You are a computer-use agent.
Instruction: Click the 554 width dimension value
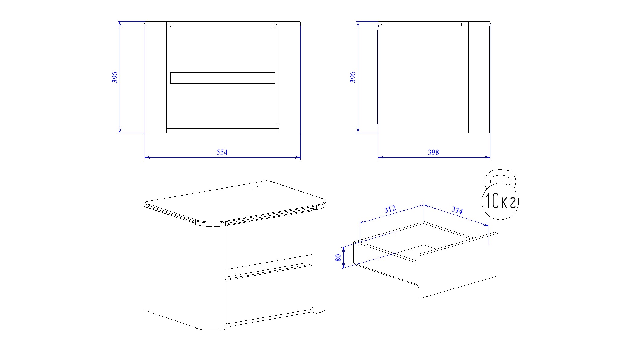coord(222,152)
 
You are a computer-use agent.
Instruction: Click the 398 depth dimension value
coord(433,152)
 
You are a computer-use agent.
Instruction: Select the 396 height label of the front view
coord(115,77)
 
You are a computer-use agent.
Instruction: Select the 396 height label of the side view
coord(352,77)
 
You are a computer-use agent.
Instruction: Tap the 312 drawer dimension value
coord(390,209)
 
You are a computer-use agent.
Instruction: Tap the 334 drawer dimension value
coord(457,210)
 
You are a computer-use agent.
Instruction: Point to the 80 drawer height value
coord(338,257)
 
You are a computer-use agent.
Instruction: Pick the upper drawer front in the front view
coord(223,49)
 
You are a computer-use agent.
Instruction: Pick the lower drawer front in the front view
coord(223,106)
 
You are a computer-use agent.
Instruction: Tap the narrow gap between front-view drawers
coord(223,78)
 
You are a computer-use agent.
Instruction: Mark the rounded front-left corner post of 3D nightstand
coord(211,276)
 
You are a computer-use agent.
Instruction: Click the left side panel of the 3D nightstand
coord(170,266)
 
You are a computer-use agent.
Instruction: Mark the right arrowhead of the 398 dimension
coord(487,157)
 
